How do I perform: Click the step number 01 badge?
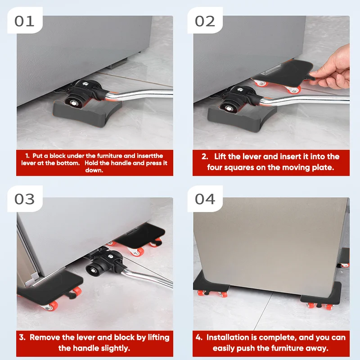pos(25,21)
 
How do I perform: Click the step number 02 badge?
pos(205,21)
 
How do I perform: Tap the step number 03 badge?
pos(25,199)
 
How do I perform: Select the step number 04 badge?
pos(205,199)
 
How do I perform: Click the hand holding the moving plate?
pos(333,69)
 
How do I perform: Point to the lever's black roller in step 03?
pos(94,269)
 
